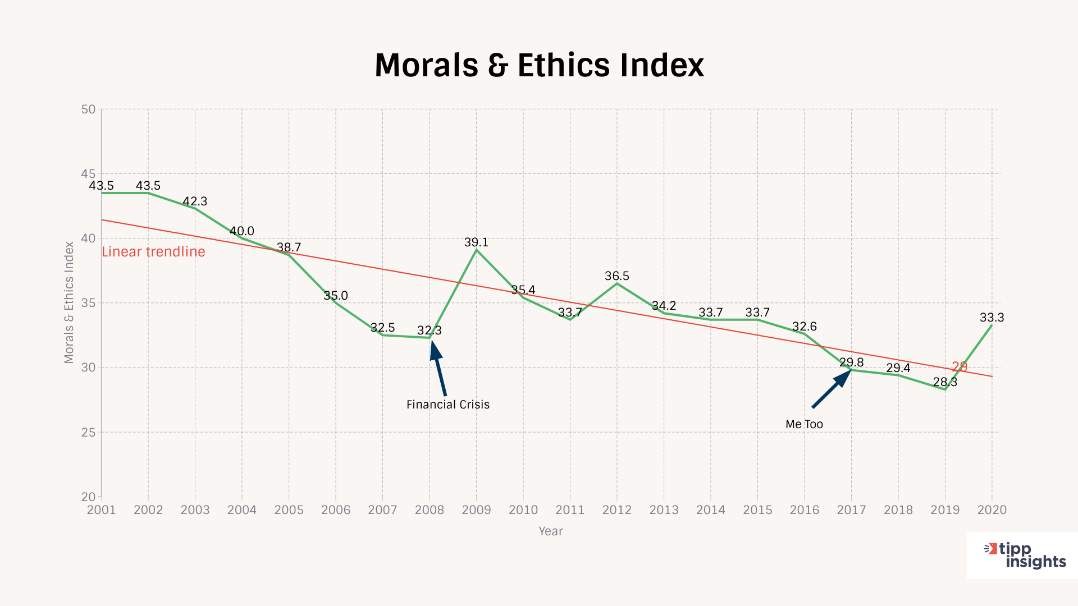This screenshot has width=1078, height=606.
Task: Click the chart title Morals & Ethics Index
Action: point(539,65)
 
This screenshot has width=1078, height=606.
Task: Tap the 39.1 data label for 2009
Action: point(476,242)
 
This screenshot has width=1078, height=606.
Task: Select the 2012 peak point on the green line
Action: point(617,283)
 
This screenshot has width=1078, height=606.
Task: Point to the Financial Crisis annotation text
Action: point(447,405)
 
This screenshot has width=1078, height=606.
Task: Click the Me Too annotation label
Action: point(804,424)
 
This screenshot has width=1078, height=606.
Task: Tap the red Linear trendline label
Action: point(153,252)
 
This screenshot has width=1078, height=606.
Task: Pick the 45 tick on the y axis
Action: point(88,174)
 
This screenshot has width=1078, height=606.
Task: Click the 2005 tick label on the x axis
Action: point(289,510)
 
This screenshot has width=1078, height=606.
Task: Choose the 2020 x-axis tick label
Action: point(992,510)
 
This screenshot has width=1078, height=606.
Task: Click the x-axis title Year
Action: point(550,531)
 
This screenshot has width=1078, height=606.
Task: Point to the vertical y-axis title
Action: point(69,302)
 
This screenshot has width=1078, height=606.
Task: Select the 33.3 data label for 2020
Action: point(992,318)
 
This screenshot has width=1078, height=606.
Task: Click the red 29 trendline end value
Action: point(960,367)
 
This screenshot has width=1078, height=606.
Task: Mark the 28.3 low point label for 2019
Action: point(945,382)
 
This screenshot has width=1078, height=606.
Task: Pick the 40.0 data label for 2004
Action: point(242,231)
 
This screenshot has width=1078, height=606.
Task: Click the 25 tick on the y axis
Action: point(88,433)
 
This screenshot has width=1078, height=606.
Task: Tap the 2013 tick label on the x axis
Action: point(664,510)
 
